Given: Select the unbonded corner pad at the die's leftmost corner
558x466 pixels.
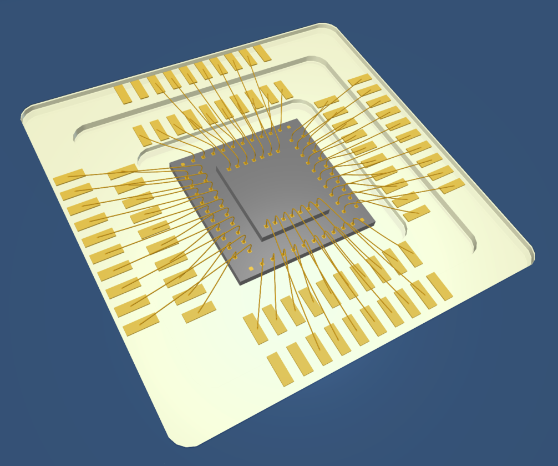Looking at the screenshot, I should (183, 165).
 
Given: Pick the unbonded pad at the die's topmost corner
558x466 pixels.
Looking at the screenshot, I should (289, 127).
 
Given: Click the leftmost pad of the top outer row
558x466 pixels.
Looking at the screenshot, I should (123, 94).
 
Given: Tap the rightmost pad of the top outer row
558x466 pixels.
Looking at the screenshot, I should (261, 53).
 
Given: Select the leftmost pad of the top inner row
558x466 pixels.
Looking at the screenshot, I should (141, 136).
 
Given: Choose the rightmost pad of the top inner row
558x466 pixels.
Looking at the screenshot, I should (283, 89).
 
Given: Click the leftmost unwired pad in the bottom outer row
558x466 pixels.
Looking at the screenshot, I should (280, 369).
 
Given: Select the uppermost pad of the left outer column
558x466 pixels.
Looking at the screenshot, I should (69, 177).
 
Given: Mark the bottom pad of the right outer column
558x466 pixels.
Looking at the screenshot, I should (452, 186).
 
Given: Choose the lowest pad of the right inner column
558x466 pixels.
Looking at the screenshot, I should (416, 213).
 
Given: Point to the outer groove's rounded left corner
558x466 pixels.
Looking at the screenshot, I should (77, 133).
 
